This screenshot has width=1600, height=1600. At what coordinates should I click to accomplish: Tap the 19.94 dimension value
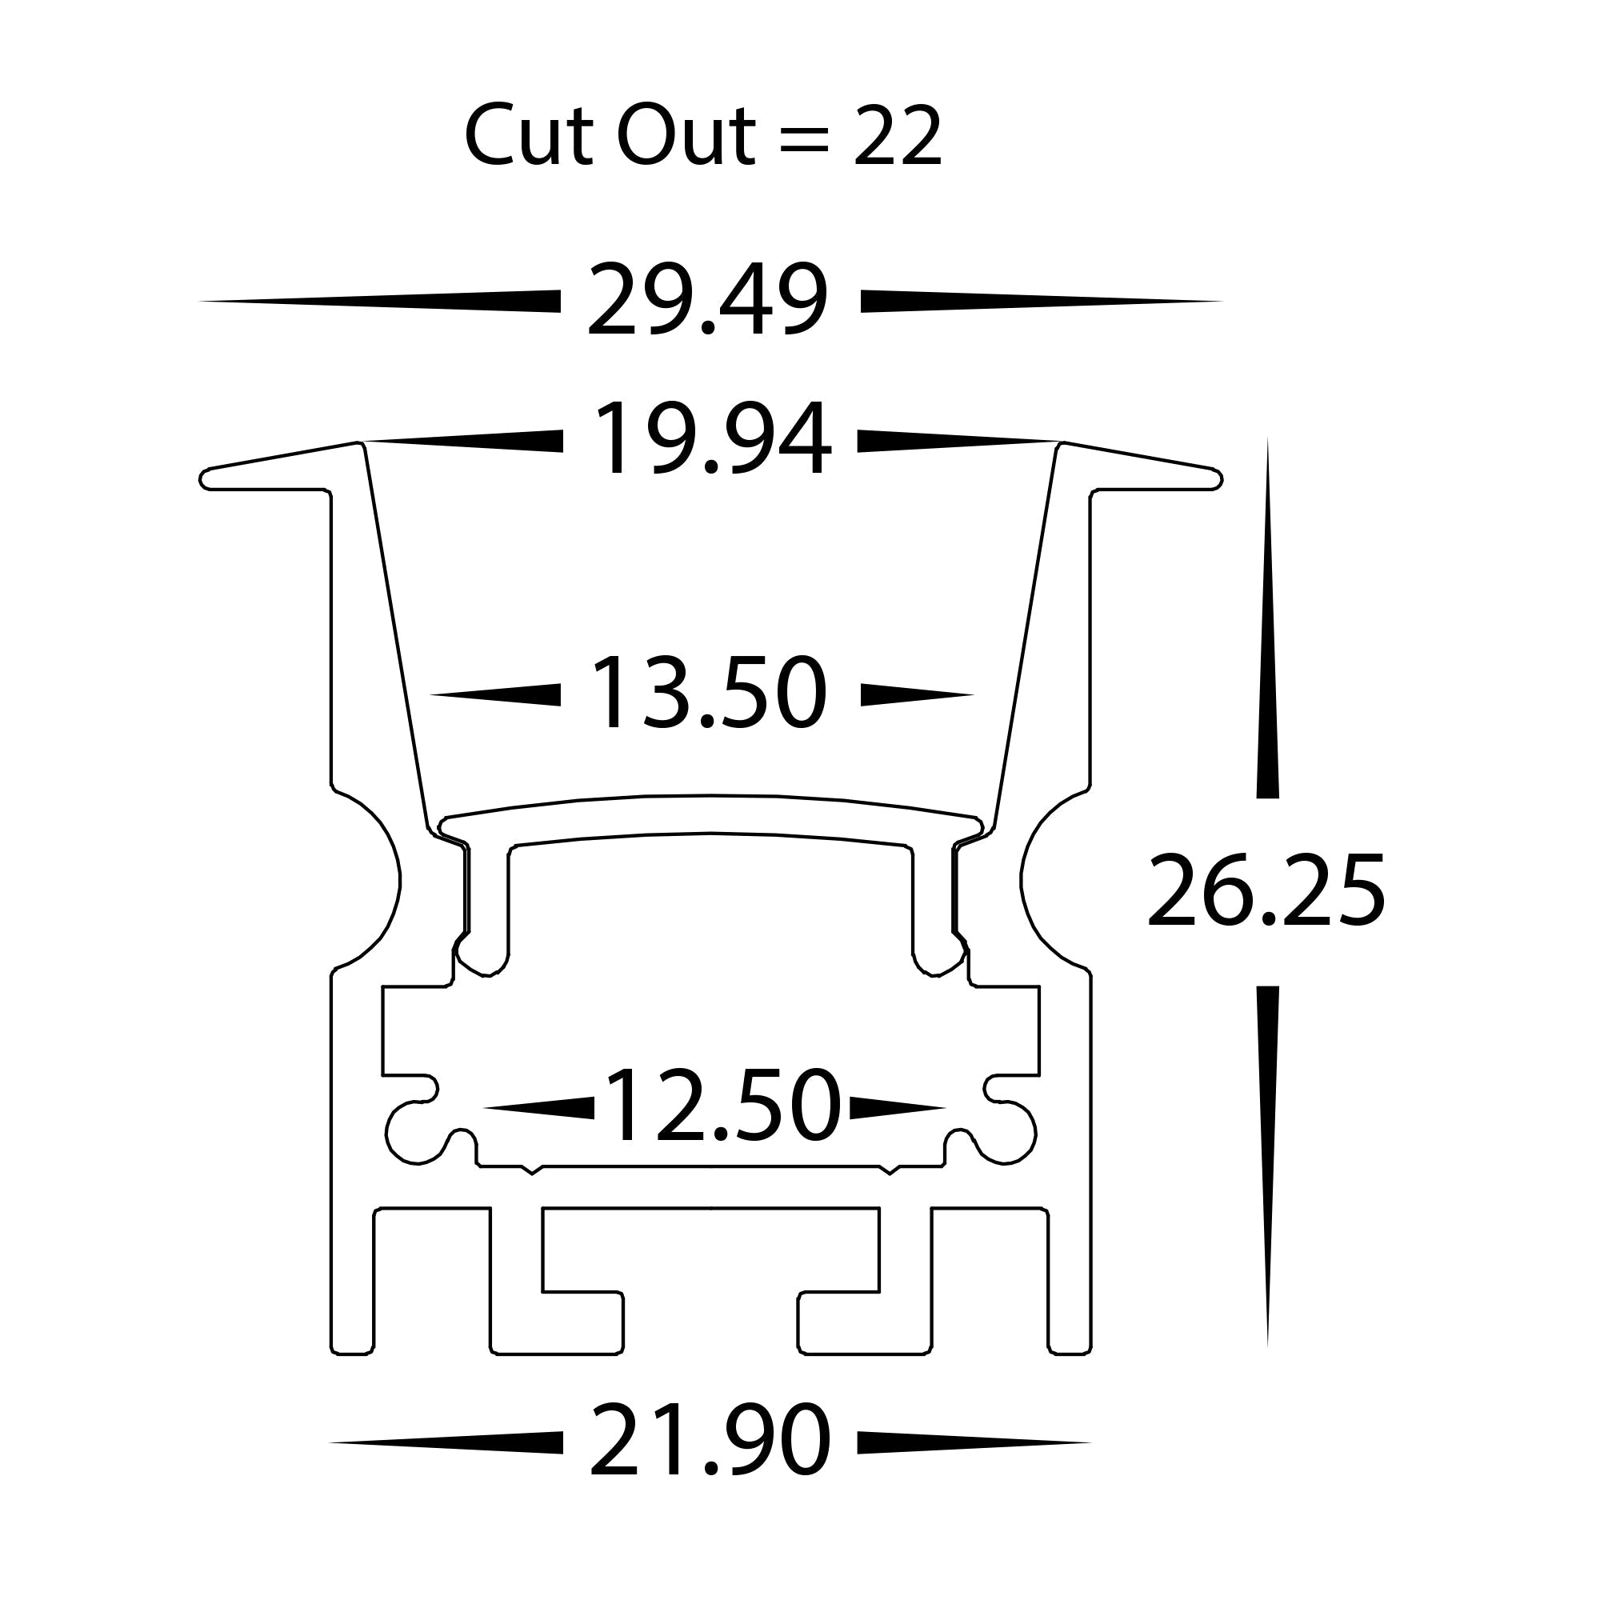pyautogui.click(x=710, y=440)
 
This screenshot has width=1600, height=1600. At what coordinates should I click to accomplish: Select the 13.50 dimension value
pyautogui.click(x=709, y=694)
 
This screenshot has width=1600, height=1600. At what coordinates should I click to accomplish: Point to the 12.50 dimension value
pyautogui.click(x=722, y=1106)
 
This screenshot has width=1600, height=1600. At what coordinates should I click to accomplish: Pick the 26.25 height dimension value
pyautogui.click(x=1266, y=892)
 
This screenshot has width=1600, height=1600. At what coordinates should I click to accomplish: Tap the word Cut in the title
pyautogui.click(x=526, y=137)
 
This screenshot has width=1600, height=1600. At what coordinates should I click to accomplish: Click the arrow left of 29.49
pyautogui.click(x=381, y=301)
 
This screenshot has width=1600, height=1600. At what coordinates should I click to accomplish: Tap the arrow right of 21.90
pyautogui.click(x=974, y=1442)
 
